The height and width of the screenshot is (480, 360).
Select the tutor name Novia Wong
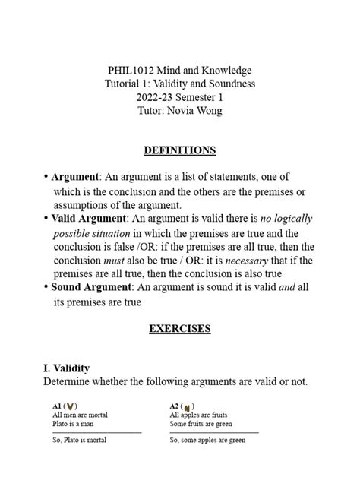[x=195, y=111]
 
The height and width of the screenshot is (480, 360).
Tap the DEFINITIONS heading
[x=179, y=150]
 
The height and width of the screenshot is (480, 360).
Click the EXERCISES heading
[x=179, y=329]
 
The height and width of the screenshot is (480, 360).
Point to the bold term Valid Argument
[x=88, y=219]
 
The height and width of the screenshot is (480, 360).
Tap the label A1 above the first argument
[x=57, y=406]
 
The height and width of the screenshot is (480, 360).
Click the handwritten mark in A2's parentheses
[x=188, y=407]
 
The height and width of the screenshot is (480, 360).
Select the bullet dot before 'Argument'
[x=46, y=177]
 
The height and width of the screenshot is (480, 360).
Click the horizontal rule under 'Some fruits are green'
[x=214, y=432]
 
